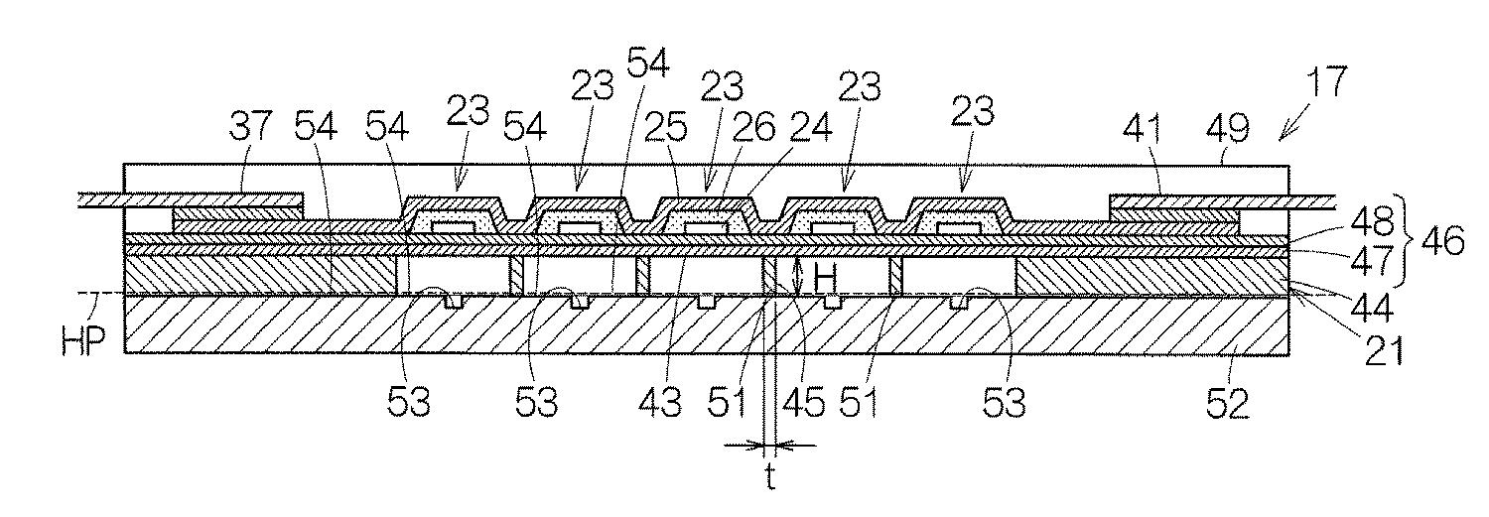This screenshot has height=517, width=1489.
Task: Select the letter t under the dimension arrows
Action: [x=769, y=480]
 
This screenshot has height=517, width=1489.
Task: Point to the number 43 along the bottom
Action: [x=661, y=403]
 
